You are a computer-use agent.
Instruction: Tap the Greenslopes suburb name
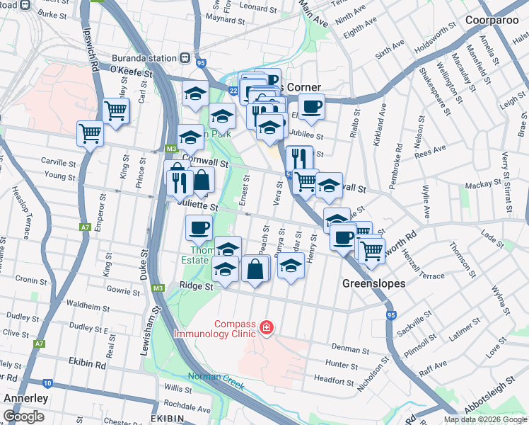pyautogui.click(x=374, y=283)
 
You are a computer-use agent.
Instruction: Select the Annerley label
pyautogui.click(x=26, y=398)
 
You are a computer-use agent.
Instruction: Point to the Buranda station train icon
pyautogui.click(x=185, y=59)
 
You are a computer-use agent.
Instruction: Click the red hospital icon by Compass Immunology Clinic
pyautogui.click(x=267, y=327)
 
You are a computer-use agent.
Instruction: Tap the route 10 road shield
pyautogui.click(x=47, y=383)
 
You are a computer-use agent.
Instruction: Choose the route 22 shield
pyautogui.click(x=233, y=90)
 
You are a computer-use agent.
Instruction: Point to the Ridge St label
pyautogui.click(x=196, y=286)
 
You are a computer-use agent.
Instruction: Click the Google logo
pyautogui.click(x=24, y=417)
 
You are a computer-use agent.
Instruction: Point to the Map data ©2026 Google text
pyautogui.click(x=486, y=419)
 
